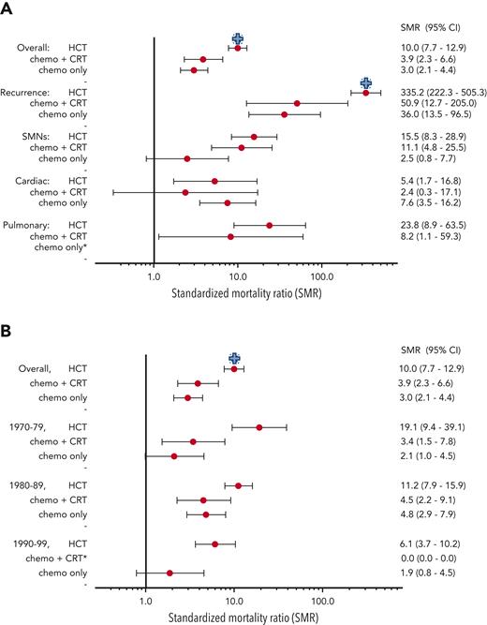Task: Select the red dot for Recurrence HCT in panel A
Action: (365, 93)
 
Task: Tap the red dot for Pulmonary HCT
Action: (270, 225)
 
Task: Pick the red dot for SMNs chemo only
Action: (187, 158)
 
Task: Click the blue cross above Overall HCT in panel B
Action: (235, 358)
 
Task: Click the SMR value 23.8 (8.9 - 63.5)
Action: (426, 225)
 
